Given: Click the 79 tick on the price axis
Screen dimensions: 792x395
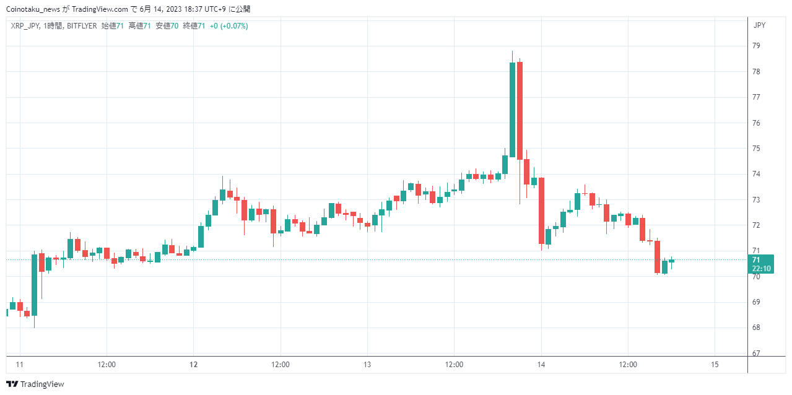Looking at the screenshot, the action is click(x=756, y=46).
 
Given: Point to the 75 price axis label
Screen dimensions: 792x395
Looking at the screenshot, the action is click(x=756, y=149).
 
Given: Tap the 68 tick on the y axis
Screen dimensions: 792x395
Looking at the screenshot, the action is click(x=756, y=328).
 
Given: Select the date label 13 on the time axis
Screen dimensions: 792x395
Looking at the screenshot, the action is click(x=367, y=365).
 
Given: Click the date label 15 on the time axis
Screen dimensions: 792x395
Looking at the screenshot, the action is click(x=715, y=365).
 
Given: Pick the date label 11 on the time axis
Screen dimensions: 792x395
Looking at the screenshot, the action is click(x=20, y=365).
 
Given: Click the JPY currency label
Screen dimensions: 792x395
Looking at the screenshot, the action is click(x=759, y=25).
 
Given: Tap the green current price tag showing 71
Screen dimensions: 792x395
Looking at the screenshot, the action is click(x=761, y=264).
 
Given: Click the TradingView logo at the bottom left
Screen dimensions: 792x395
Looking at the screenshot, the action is click(x=35, y=384).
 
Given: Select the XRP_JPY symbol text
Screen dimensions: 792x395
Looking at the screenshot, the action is click(x=25, y=26).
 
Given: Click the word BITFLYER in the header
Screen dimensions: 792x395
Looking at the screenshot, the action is click(x=82, y=26).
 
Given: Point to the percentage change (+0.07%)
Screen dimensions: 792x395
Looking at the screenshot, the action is click(x=234, y=26).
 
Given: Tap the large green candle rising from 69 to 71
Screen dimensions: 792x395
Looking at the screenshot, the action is click(x=34, y=285).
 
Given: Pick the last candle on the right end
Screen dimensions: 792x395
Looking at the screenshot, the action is click(x=672, y=261).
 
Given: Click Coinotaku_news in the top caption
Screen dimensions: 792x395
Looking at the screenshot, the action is click(x=33, y=9).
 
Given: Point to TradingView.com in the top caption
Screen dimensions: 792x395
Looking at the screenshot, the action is click(x=100, y=9).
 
